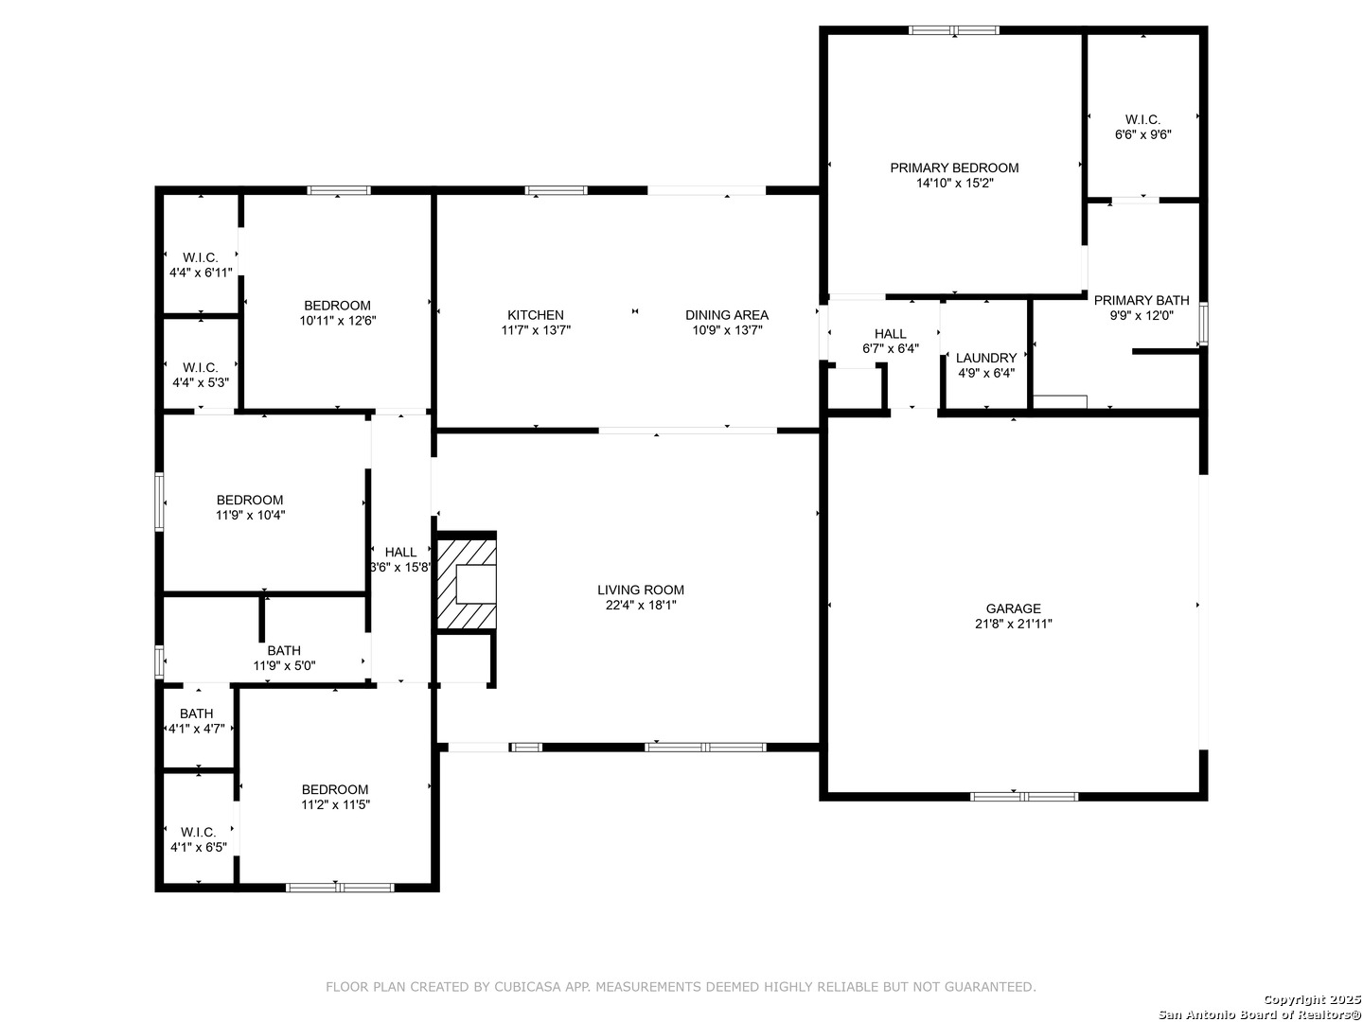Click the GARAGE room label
(x=1013, y=608)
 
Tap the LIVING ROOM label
(x=640, y=590)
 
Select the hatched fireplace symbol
(x=467, y=583)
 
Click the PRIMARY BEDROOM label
(x=954, y=167)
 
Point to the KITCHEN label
(x=536, y=315)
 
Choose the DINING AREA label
(x=727, y=315)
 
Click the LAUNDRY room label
(x=986, y=358)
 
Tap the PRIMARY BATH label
(x=1142, y=300)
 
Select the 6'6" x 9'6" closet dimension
(x=1142, y=134)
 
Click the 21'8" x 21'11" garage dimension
(x=1014, y=625)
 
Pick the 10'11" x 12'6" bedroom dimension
(x=337, y=321)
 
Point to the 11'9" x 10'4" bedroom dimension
(x=250, y=515)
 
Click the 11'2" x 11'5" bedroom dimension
(x=335, y=804)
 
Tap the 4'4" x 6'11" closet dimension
(x=201, y=273)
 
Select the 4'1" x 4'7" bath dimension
(x=197, y=729)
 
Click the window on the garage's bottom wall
(x=1024, y=797)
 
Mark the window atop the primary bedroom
(x=954, y=29)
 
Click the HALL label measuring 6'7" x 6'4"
(x=891, y=334)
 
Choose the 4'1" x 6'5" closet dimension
(x=199, y=848)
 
